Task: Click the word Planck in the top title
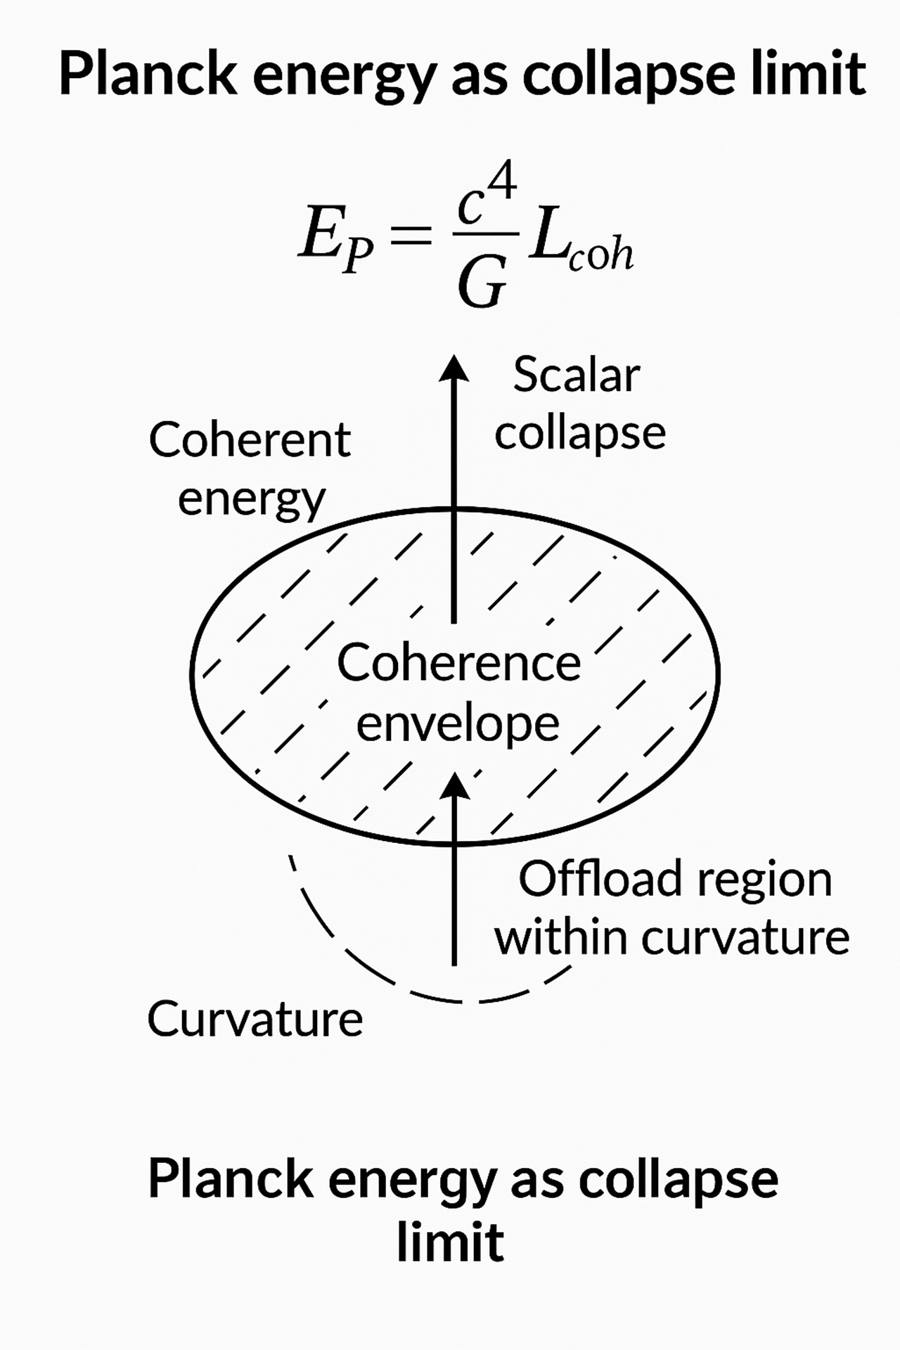pos(148,74)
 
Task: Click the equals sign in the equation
pos(410,235)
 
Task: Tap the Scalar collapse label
pos(579,404)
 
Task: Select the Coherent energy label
pos(250,468)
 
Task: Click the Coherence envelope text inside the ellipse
pos(458,693)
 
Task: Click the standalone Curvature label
pos(255,1019)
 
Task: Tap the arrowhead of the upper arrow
pos(454,367)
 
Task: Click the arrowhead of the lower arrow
pos(454,783)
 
